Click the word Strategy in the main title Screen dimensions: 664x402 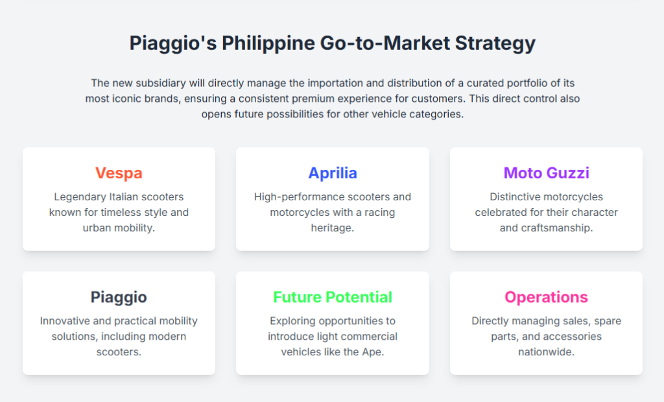(x=495, y=43)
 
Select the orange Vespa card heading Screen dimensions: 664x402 (x=119, y=173)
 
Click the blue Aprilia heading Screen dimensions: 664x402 (x=333, y=173)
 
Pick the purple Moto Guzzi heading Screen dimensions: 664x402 (x=546, y=173)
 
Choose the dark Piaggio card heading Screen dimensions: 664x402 (x=119, y=298)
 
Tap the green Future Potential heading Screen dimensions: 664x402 (x=333, y=298)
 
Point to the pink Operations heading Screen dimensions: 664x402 (x=546, y=298)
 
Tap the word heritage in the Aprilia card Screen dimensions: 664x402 (x=333, y=228)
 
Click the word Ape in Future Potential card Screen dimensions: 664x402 (x=373, y=352)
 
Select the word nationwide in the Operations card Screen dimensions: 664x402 (x=546, y=352)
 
